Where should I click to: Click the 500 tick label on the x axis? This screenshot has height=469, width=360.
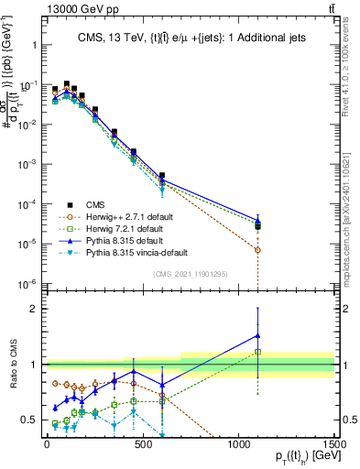pyautogui.click(x=142, y=442)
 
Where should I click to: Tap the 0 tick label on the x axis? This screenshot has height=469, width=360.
pyautogui.click(x=47, y=442)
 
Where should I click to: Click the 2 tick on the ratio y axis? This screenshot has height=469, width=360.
pyautogui.click(x=28, y=309)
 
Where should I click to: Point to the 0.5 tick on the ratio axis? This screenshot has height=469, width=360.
pyautogui.click(x=25, y=420)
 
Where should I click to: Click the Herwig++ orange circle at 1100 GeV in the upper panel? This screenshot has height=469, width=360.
pyautogui.click(x=257, y=250)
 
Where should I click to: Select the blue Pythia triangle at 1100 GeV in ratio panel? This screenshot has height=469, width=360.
pyautogui.click(x=257, y=335)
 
